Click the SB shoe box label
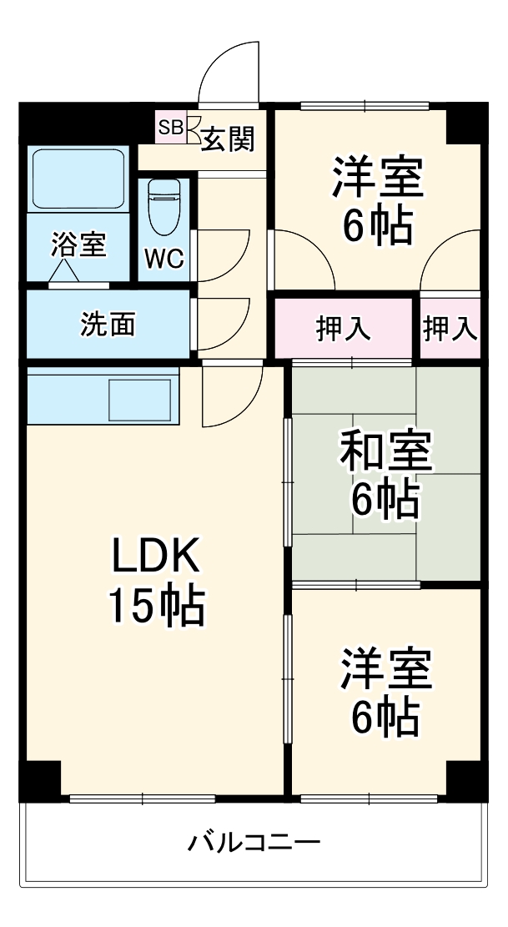point(170,128)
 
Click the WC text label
point(163,259)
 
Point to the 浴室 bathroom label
point(78,245)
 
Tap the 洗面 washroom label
point(108,324)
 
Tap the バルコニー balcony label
point(253,840)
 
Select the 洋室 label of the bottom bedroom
point(385,670)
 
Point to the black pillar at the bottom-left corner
point(40,781)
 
